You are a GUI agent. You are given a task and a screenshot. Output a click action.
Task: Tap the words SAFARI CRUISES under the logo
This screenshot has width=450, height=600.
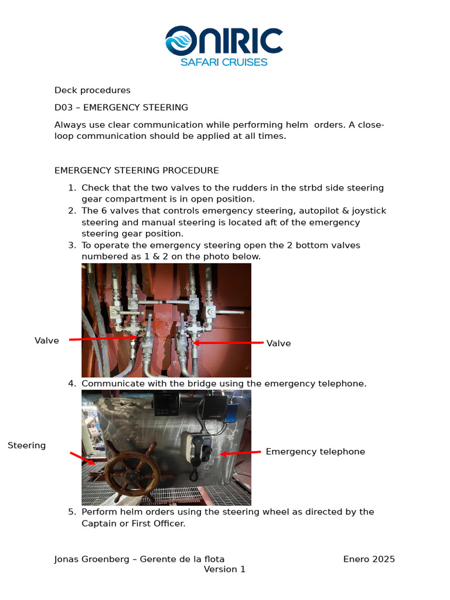[224, 62]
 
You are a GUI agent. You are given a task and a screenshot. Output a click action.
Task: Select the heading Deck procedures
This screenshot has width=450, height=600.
[93, 90]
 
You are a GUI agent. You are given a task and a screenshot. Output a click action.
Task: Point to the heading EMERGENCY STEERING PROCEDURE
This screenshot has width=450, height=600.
[137, 171]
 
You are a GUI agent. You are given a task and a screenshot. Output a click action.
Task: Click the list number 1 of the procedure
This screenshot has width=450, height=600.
[71, 188]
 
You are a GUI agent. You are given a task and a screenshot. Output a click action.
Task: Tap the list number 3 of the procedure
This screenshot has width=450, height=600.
[71, 245]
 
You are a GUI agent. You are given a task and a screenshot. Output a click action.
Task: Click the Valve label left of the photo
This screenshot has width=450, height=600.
[47, 340]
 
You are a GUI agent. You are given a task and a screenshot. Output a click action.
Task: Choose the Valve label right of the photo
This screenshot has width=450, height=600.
[278, 343]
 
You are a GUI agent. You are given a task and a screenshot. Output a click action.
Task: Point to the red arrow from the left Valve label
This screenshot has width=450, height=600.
[103, 339]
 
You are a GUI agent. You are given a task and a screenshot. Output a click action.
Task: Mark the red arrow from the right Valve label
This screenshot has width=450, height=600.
[229, 343]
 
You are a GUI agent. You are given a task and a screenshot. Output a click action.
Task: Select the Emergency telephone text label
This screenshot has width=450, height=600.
[315, 452]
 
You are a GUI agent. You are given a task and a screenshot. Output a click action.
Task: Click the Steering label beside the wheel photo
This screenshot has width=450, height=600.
[27, 446]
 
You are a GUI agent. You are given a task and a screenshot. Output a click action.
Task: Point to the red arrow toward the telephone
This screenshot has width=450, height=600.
[240, 453]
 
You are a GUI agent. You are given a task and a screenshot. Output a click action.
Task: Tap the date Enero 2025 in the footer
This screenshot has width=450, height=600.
[369, 559]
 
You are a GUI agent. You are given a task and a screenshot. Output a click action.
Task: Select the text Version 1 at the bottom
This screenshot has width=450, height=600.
[224, 570]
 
